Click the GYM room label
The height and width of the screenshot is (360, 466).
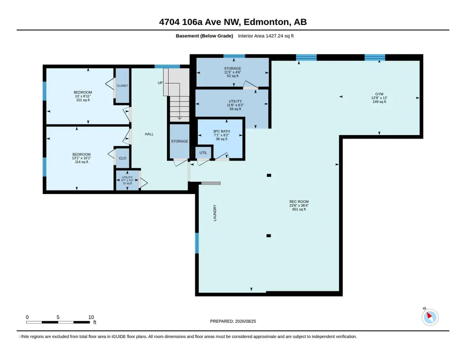click(x=379, y=94)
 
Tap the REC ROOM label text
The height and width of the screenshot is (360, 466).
click(x=299, y=201)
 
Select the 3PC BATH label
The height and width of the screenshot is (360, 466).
click(x=221, y=131)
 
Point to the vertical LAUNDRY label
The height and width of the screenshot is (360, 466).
click(x=215, y=213)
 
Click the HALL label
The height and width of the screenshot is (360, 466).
click(x=149, y=134)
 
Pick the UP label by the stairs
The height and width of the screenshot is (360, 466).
click(x=160, y=83)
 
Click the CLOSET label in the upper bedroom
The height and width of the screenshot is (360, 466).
click(x=122, y=85)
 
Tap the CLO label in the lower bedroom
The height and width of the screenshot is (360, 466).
click(x=122, y=158)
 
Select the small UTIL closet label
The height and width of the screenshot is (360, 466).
click(x=203, y=153)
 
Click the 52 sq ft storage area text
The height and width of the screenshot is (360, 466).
click(x=233, y=76)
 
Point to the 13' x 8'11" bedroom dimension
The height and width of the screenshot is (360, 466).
click(x=83, y=96)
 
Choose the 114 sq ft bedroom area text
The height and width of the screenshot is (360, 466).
click(x=81, y=162)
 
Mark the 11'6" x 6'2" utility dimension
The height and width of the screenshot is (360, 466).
click(x=235, y=105)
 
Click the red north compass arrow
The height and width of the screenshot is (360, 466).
click(x=429, y=315)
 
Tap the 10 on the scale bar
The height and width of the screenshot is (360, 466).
click(x=91, y=317)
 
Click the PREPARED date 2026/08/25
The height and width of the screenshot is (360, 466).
click(x=246, y=321)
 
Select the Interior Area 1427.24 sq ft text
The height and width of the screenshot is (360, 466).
click(x=266, y=36)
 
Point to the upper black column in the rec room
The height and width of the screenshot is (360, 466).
click(x=269, y=175)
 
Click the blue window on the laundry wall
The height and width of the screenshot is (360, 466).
click(x=197, y=243)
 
